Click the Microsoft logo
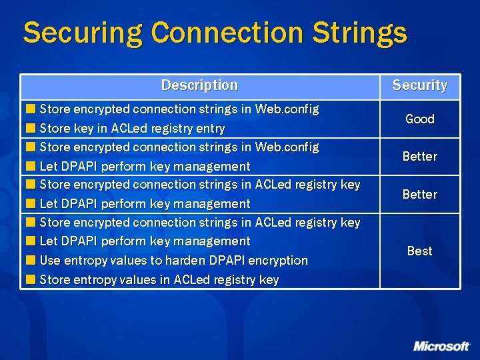(x=441, y=346)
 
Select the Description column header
(x=199, y=85)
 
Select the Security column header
(x=419, y=85)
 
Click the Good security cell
(x=419, y=119)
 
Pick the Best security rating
(x=419, y=251)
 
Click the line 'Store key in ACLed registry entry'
(x=132, y=128)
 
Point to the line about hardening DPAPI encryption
(x=173, y=260)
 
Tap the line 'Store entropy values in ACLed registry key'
(x=159, y=279)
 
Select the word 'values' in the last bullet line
(x=137, y=279)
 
